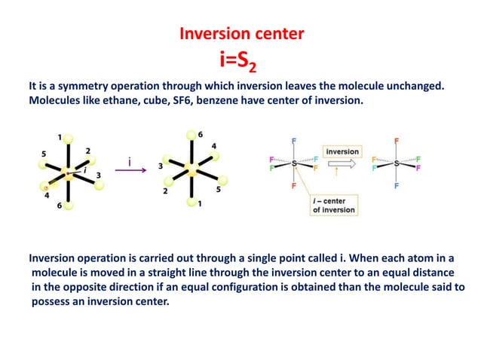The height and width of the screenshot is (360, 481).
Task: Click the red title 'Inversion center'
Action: [x=241, y=34]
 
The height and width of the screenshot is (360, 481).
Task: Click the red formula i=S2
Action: [x=241, y=58]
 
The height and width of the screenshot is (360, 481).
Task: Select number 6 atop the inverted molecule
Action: [x=200, y=133]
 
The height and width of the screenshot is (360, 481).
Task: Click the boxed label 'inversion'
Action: [x=342, y=151]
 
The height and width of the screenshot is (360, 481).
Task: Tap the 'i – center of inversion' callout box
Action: [x=332, y=205]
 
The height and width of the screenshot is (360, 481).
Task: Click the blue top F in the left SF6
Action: [x=293, y=140]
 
